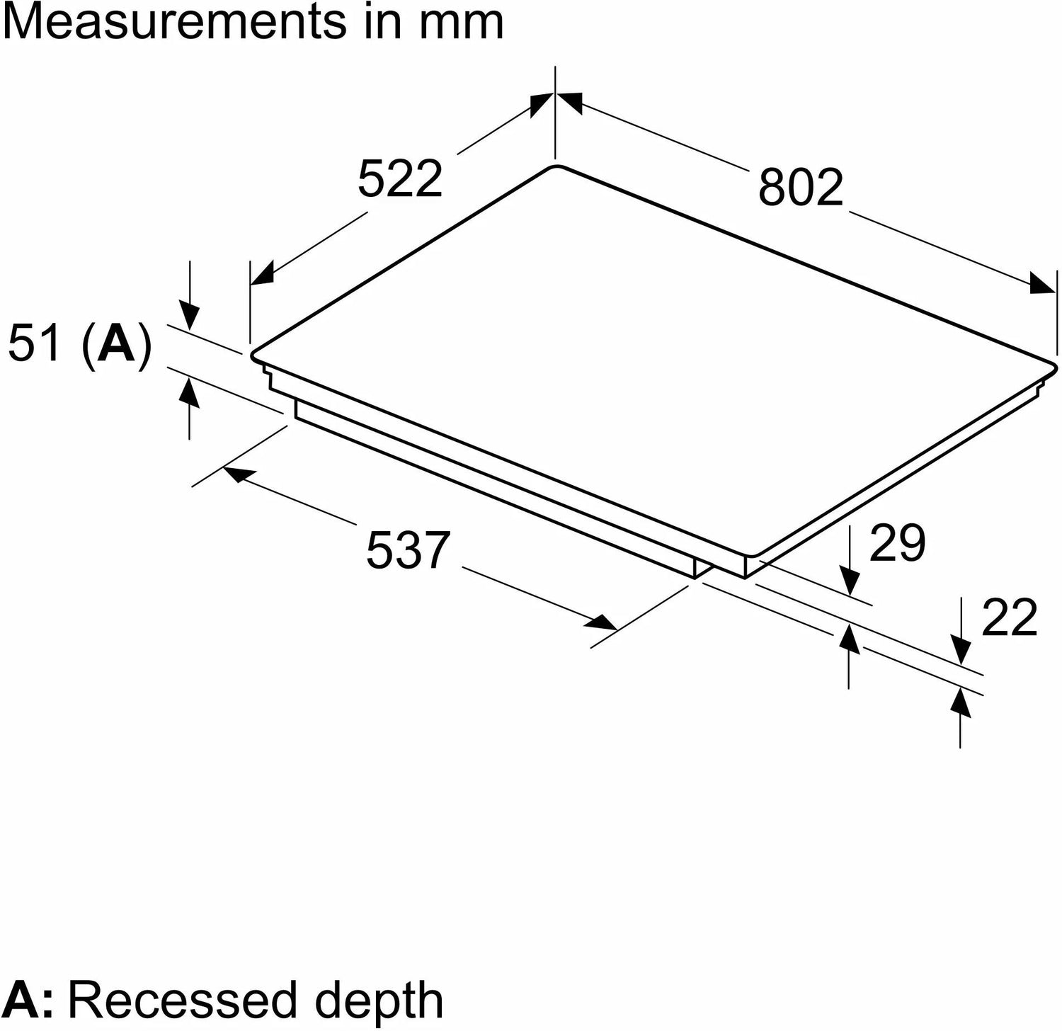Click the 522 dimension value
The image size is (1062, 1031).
[x=400, y=178]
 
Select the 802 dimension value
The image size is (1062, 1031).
[x=801, y=188]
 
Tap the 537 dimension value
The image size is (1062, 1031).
[x=408, y=549]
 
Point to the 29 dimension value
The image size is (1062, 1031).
[x=897, y=543]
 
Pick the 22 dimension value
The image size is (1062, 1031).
[x=1009, y=617]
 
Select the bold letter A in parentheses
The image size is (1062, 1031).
[x=117, y=346]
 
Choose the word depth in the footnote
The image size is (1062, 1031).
[x=379, y=1000]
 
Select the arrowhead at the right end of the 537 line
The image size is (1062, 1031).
[x=604, y=623]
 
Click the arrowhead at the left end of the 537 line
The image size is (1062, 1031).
[x=235, y=475]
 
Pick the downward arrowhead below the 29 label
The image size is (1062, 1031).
[x=850, y=584]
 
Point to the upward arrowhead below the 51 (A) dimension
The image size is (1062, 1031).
[x=189, y=390]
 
